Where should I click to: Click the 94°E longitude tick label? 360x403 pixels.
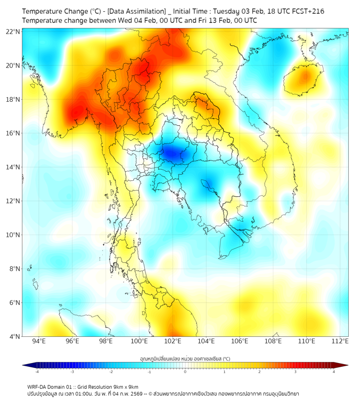coord(39,341)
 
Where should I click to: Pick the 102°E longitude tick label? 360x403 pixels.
coord(173,341)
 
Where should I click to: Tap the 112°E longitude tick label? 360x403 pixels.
coord(340,341)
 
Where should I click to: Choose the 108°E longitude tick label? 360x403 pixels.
coord(273,341)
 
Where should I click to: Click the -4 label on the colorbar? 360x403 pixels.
coord(37,372)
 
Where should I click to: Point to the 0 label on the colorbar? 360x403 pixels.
coord(185,372)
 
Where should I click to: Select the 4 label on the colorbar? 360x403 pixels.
coord(334,372)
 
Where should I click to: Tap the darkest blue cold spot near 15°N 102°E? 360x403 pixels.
coord(170,154)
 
